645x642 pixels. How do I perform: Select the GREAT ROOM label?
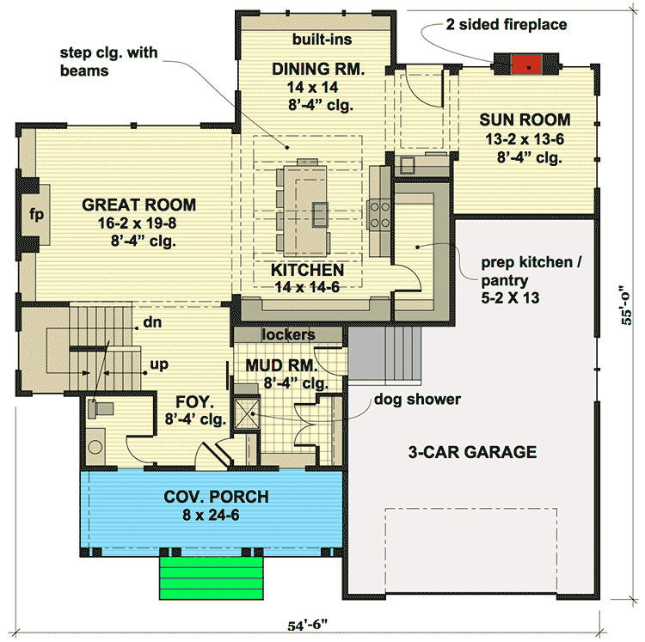tap(138, 205)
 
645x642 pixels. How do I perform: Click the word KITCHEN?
tap(308, 270)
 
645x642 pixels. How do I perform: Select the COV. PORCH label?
tap(216, 497)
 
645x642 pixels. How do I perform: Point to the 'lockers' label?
tap(289, 334)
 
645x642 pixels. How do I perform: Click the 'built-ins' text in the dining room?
tap(322, 40)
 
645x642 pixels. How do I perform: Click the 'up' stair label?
tap(159, 364)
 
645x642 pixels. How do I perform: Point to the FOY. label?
tap(188, 401)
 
